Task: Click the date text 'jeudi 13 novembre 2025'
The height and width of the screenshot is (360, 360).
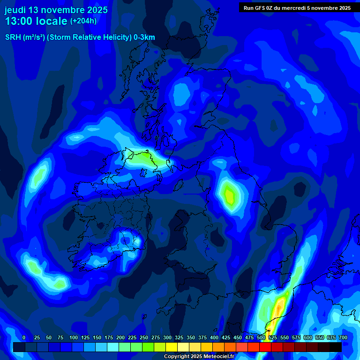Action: coord(56,10)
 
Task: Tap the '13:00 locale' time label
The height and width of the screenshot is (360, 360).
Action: coord(36,21)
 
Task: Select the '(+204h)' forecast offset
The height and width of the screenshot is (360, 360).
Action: coord(83,21)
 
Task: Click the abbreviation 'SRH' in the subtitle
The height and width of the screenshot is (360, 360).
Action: coord(13,37)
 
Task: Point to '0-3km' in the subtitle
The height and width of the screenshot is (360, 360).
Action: coord(144,37)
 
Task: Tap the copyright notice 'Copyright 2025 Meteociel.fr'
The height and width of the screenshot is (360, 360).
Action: coord(199,357)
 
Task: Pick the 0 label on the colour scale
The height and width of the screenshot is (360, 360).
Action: coord(24,337)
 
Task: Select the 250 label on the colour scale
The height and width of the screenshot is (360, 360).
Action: coord(144,337)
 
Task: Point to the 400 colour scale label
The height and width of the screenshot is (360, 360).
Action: coord(214,337)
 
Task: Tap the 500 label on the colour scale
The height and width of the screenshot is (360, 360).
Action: coord(261,337)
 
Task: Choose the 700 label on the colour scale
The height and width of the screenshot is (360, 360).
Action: coord(343,337)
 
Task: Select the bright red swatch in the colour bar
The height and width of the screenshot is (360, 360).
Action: coord(253,347)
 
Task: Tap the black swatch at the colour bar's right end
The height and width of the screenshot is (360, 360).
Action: coord(335,347)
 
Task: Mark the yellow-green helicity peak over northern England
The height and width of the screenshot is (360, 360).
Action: coord(229,194)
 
